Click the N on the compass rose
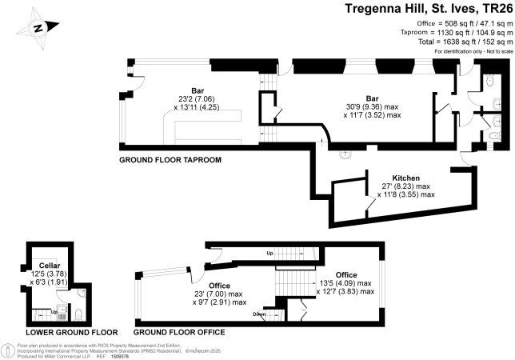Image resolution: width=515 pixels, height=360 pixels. click(38, 28)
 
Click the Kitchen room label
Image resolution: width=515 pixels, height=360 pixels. click(406, 178)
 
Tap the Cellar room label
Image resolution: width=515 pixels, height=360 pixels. click(50, 266)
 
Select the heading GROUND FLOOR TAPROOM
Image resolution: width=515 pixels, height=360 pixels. click(170, 160)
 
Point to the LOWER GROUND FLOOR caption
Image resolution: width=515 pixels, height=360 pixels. click(72, 333)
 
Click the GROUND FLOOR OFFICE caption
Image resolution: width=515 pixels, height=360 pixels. click(179, 333)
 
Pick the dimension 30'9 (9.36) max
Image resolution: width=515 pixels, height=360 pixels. click(372, 107)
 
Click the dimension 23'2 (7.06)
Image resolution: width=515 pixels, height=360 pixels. click(197, 99)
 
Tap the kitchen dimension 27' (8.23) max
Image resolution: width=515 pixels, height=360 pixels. click(406, 186)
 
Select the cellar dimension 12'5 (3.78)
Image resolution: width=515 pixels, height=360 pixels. click(49, 274)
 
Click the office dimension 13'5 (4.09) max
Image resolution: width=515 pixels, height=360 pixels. click(345, 283)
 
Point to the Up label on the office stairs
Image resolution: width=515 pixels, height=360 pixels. click(269, 254)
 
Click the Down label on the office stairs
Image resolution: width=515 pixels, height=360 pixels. click(259, 314)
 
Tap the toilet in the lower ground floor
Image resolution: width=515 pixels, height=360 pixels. click(78, 315)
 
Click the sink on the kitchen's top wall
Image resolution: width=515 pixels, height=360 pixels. click(345, 154)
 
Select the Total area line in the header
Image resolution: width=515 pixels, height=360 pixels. click(465, 42)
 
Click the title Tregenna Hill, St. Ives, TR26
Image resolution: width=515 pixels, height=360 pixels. click(429, 9)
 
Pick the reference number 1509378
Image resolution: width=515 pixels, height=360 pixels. click(120, 356)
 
